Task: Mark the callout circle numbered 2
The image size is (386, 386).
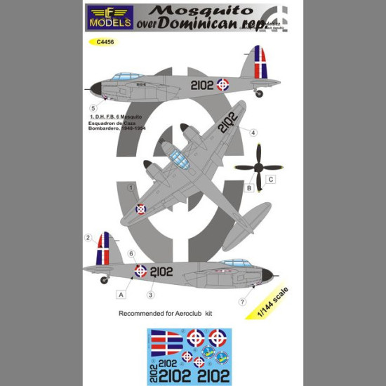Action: pyautogui.click(x=88, y=238)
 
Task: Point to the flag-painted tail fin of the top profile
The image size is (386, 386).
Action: pyautogui.click(x=259, y=62)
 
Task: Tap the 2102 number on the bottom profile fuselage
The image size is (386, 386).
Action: pyautogui.click(x=161, y=271)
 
